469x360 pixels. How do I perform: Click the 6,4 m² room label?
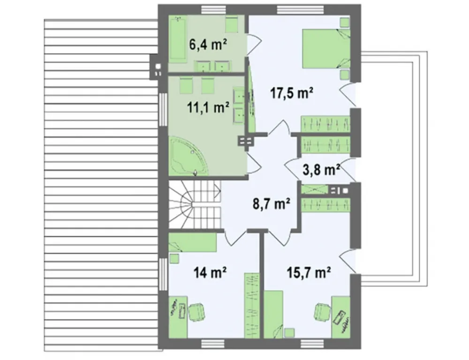coord(208,45)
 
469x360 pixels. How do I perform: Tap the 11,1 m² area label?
coord(208,107)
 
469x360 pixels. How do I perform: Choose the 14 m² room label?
coord(210,272)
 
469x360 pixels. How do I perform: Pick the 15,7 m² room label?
coord(309,272)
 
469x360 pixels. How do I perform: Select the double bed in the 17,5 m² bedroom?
coord(326,48)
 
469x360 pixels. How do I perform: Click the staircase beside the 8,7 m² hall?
coord(195,204)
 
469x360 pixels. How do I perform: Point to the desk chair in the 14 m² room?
coord(197,312)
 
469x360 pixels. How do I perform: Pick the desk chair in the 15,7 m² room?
coord(323,312)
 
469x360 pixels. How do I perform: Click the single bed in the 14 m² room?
coord(192,242)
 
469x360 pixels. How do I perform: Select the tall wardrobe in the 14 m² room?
coord(252,305)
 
